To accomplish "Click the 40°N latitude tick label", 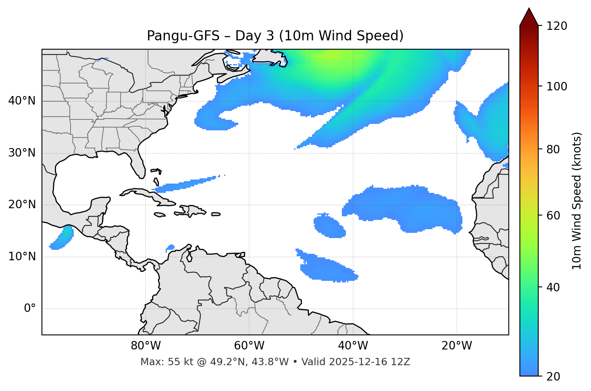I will pos(22,101).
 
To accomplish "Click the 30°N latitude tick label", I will pos(22,153).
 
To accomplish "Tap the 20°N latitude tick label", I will pos(22,205).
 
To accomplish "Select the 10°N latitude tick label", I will pos(22,257).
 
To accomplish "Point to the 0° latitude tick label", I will pos(30,309).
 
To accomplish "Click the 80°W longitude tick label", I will pos(146,346).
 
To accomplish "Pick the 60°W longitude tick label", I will pos(249,346).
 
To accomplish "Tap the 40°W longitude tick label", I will pos(353,346).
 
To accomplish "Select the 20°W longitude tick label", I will pos(456,346).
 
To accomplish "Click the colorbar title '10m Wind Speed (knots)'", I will pos(577,201).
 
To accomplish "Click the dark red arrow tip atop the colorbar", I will pos(529,16).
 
